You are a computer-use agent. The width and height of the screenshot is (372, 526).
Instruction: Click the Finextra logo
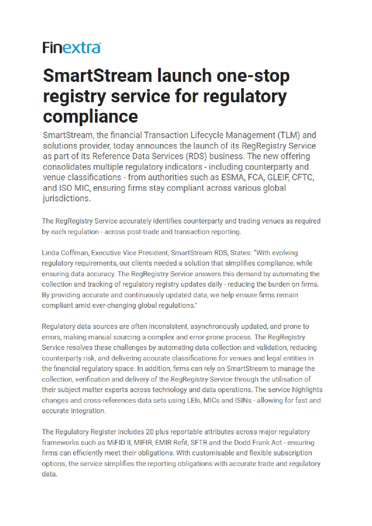[72, 48]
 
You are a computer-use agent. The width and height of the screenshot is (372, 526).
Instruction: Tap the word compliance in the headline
[90, 117]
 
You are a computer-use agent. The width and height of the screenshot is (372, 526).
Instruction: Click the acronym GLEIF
[278, 177]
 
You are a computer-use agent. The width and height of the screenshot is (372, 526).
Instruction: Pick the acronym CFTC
[303, 177]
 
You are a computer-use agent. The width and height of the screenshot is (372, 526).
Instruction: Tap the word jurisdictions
[66, 199]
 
